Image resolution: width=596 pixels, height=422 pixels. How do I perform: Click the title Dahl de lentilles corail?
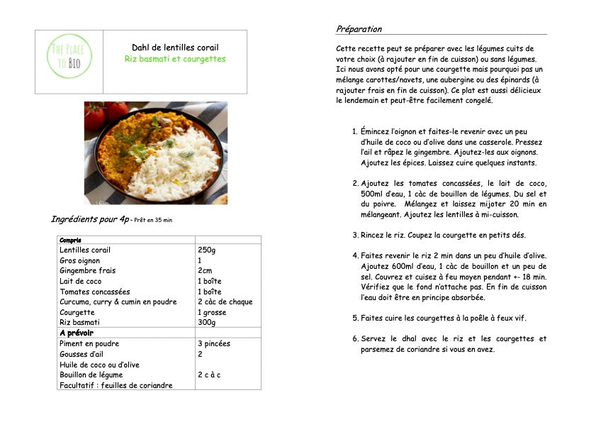tap(175, 48)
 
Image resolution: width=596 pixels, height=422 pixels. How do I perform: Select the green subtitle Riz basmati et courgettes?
tap(175, 60)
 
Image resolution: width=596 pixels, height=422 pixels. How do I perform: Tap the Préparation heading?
tap(359, 29)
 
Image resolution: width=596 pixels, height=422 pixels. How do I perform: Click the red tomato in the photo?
tap(96, 118)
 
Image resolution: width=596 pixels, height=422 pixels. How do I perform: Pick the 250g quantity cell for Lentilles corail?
tap(207, 250)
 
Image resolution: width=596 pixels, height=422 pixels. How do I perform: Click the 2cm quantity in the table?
tap(205, 270)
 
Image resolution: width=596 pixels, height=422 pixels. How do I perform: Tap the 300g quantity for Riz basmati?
tap(207, 322)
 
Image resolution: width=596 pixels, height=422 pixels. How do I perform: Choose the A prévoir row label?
tap(77, 333)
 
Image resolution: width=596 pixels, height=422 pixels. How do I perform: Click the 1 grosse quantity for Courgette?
tap(212, 312)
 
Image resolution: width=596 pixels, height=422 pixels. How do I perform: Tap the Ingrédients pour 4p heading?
tap(90, 219)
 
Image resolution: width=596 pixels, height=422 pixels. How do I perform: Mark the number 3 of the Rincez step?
tap(355, 235)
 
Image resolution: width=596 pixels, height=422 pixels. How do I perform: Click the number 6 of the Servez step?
tap(355, 338)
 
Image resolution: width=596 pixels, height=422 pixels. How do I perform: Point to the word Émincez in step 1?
tap(377, 131)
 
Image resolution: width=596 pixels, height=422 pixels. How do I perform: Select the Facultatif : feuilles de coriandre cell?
tap(116, 385)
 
